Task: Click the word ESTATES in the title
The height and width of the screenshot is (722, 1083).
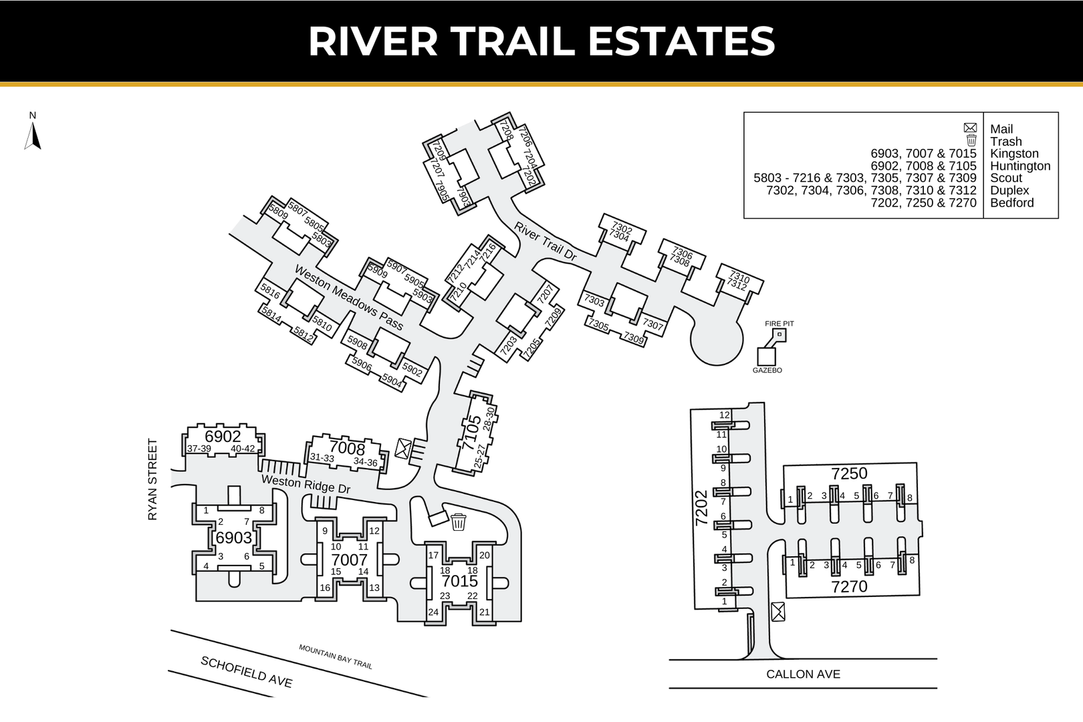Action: [681, 41]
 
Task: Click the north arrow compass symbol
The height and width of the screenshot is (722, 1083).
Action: [32, 136]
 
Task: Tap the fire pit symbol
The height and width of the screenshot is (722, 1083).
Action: [779, 335]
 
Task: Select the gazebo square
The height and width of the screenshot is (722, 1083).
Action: [766, 357]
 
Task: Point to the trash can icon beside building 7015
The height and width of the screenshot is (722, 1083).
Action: [459, 522]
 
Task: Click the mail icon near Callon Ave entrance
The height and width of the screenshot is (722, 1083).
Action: [778, 612]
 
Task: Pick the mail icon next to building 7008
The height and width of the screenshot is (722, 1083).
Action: [402, 449]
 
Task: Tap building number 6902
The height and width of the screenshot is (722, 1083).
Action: [223, 436]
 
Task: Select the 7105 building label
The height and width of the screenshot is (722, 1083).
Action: [471, 432]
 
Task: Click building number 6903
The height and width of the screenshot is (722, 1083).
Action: [234, 537]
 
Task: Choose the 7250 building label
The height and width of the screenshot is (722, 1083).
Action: [849, 473]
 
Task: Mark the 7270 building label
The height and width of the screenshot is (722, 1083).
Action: [849, 586]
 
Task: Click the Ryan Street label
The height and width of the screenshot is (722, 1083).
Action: [152, 480]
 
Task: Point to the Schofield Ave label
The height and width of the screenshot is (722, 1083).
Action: [247, 672]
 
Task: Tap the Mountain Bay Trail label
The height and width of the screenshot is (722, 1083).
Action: [336, 656]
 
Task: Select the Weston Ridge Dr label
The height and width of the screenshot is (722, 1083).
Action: [306, 484]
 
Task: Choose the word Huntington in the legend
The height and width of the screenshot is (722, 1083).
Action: [1020, 166]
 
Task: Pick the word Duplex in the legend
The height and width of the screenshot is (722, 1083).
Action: [1009, 191]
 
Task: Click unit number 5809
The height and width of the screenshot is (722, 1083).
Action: [278, 212]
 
